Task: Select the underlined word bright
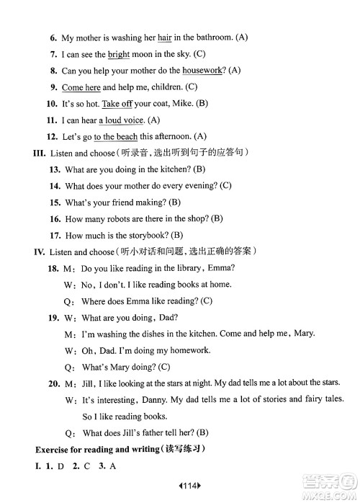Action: [x=120, y=54]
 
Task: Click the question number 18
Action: [x=53, y=268]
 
